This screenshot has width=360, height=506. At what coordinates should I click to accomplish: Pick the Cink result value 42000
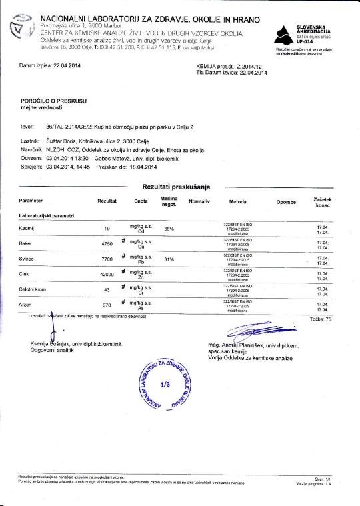[x=107, y=275]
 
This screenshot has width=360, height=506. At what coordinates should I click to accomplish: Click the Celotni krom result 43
[x=107, y=290]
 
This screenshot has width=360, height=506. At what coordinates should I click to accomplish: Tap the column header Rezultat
[x=107, y=201]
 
